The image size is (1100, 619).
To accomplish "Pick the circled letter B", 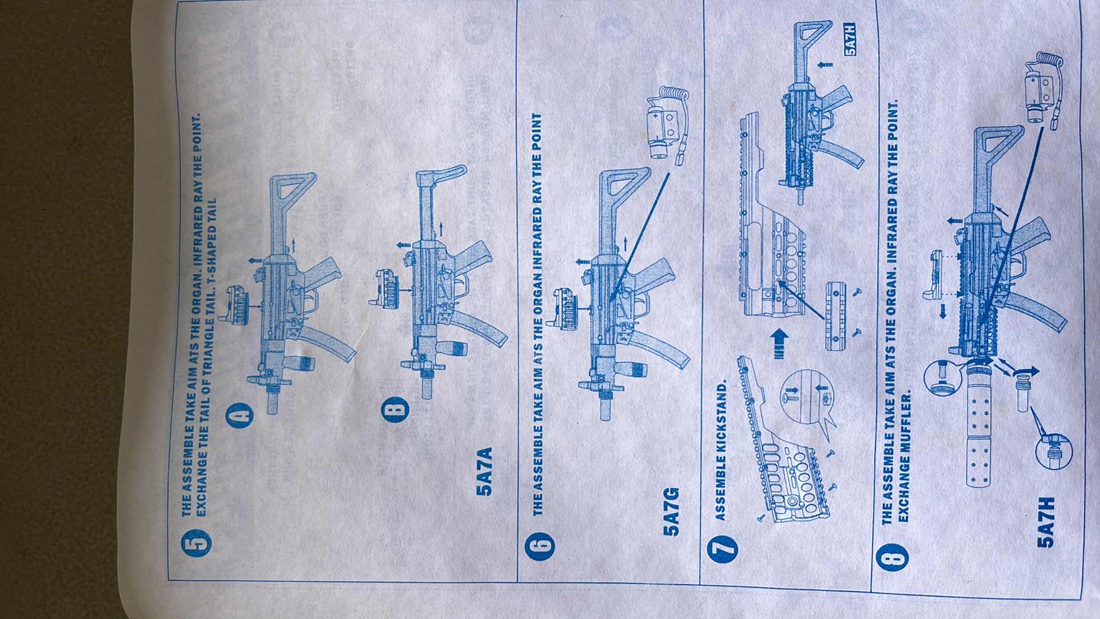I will click(x=396, y=409).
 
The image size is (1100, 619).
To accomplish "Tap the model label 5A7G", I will click(x=672, y=511).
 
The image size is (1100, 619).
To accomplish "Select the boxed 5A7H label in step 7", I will click(x=850, y=40).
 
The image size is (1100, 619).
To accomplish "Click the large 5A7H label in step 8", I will click(x=1046, y=526).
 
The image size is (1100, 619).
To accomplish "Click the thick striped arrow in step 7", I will click(x=779, y=344).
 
